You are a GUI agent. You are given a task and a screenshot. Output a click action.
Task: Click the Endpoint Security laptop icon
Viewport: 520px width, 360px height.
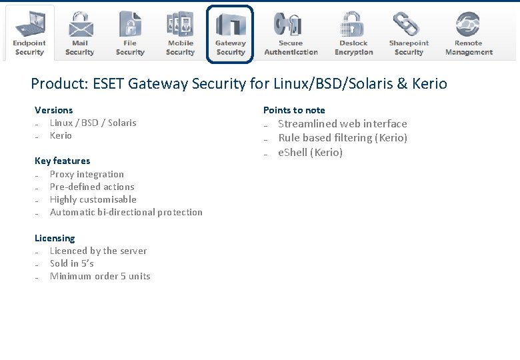(29, 25)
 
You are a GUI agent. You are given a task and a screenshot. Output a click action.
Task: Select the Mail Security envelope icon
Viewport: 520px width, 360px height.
(80, 25)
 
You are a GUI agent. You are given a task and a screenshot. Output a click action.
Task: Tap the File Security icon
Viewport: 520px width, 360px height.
(130, 25)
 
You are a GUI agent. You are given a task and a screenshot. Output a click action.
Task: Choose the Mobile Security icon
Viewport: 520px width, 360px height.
(180, 25)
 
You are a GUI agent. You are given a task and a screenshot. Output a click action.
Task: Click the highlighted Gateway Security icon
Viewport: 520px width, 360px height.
(231, 25)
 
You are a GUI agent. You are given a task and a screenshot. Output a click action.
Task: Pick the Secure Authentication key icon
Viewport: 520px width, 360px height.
(291, 25)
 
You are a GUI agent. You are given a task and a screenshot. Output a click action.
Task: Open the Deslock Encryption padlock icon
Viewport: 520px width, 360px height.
(353, 25)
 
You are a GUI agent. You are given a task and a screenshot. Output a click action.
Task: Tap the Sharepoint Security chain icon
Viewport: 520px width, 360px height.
(409, 25)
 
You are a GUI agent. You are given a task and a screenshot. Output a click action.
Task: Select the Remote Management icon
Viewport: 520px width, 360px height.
(468, 25)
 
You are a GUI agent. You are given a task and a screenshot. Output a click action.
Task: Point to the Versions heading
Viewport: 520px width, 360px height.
(54, 110)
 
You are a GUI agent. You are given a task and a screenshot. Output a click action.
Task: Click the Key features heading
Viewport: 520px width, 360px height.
(62, 161)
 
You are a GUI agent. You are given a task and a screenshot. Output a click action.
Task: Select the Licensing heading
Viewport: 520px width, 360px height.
(55, 238)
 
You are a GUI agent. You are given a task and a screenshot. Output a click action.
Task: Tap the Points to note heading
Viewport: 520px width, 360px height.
(294, 110)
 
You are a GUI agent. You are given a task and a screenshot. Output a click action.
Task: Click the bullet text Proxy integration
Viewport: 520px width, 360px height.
(87, 174)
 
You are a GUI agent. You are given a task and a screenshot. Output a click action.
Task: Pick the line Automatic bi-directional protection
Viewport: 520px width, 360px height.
(126, 212)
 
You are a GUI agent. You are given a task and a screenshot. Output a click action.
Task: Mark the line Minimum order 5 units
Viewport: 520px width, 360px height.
(100, 276)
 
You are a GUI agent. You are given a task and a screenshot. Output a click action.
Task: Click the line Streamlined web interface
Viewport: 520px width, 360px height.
(342, 123)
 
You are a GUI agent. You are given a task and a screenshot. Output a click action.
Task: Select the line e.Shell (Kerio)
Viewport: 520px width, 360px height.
(310, 152)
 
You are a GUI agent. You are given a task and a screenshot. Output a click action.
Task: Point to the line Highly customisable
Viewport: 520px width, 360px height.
(93, 199)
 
